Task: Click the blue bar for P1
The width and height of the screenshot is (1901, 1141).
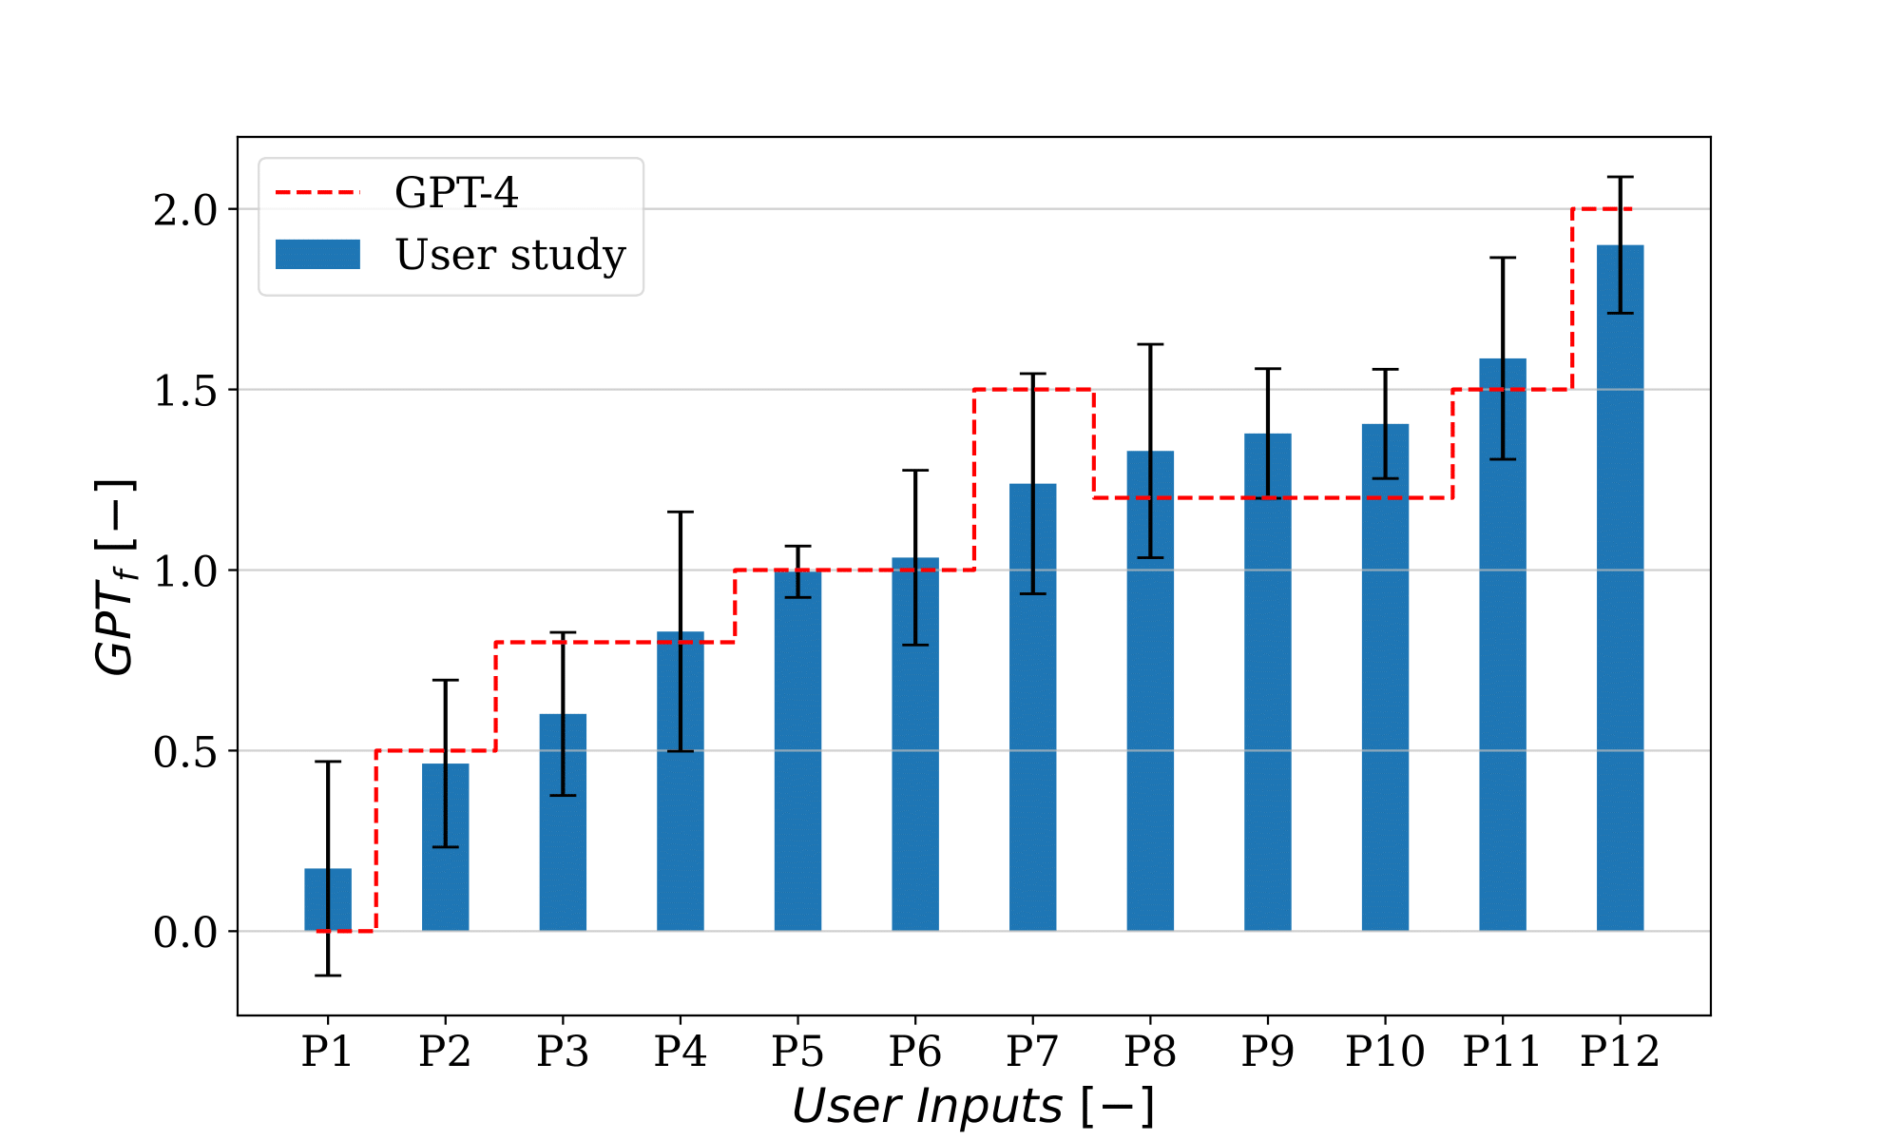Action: [x=328, y=899]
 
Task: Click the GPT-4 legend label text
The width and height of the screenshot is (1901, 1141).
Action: [x=456, y=193]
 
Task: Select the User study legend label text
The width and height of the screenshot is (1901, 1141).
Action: [x=510, y=255]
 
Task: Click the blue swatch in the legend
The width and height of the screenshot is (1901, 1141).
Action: [x=317, y=255]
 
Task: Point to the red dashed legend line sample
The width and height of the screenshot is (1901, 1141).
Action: [x=317, y=193]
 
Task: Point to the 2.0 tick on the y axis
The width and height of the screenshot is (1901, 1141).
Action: [x=185, y=210]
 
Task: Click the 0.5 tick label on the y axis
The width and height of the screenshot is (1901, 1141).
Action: [x=185, y=752]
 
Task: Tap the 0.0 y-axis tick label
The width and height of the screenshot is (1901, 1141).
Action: [x=185, y=933]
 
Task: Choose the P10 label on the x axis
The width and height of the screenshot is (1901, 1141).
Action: [x=1385, y=1052]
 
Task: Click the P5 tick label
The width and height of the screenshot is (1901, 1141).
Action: [x=797, y=1052]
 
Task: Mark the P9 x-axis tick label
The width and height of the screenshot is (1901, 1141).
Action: [x=1267, y=1052]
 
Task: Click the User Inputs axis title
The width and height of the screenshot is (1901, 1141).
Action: [x=973, y=1106]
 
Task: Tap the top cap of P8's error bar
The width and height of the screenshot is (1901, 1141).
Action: [x=1150, y=344]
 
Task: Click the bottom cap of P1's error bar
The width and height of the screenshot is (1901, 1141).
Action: [x=328, y=976]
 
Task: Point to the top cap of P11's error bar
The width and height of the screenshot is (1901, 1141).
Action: [x=1503, y=258]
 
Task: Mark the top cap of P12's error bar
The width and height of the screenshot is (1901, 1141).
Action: [x=1620, y=177]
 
